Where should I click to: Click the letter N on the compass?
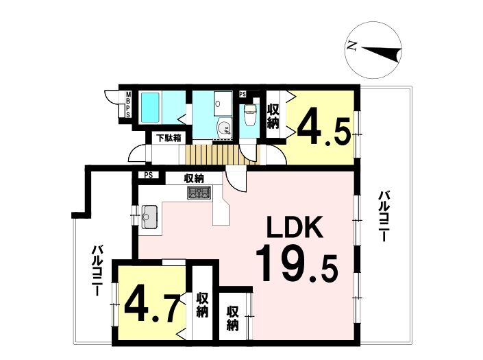click(x=351, y=46)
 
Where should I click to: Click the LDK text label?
click(x=295, y=226)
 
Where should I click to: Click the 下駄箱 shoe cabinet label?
click(x=168, y=138)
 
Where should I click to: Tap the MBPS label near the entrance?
click(x=128, y=104)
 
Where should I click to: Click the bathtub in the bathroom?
click(x=150, y=108)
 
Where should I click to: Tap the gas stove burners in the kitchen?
click(x=199, y=193)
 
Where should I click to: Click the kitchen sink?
click(x=150, y=217)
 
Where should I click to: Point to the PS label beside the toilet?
click(x=243, y=94)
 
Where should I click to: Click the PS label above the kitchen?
click(x=149, y=175)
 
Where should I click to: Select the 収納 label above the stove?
click(x=194, y=178)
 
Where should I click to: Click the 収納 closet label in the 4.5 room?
click(x=273, y=117)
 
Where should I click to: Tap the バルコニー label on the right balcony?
click(x=383, y=217)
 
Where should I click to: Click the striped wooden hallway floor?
click(x=223, y=154)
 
